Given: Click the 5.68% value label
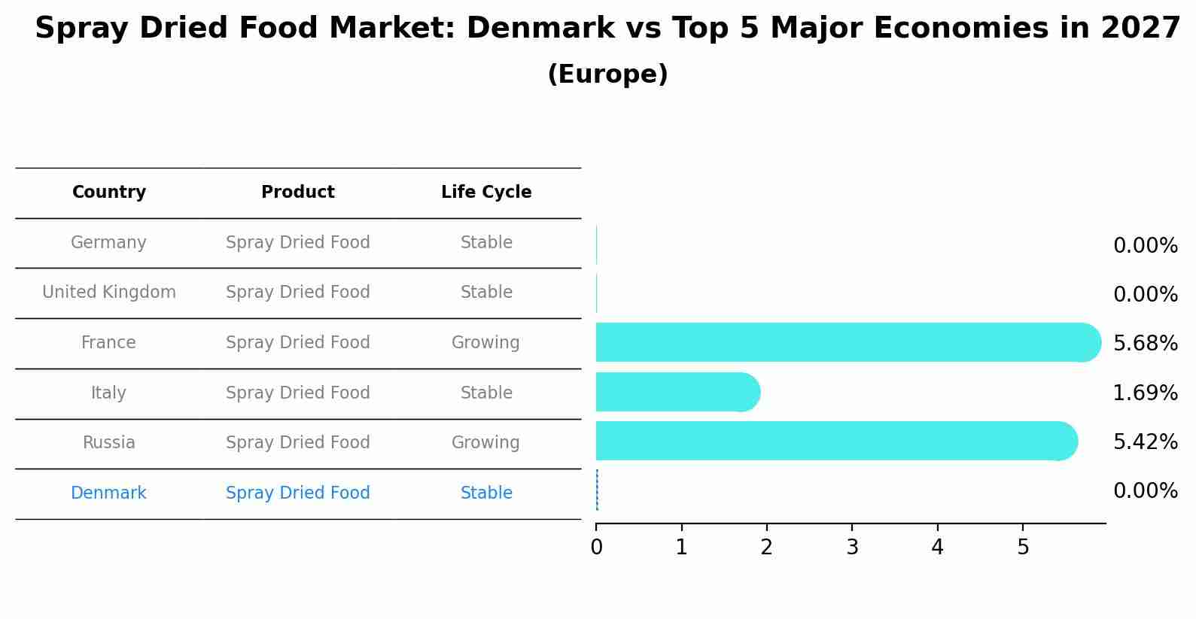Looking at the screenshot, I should pos(1145,344).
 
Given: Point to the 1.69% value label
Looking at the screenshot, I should pos(1145,393).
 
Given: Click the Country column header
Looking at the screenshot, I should pos(109,193).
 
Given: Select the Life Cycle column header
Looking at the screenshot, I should pos(486,193).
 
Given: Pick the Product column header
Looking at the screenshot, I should pos(298,193).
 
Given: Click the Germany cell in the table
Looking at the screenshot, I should pos(108,243).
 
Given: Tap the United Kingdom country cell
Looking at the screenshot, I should pos(109,293).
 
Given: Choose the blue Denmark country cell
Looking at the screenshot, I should pos(108,493).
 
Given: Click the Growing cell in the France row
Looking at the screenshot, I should pos(485,343).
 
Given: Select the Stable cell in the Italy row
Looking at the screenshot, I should pos(486,393).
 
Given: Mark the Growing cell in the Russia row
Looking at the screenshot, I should pos(485,443).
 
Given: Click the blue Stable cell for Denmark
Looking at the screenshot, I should pos(486,493).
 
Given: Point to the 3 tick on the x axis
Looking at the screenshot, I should pos(852,548).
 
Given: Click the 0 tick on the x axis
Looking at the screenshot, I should pos(596,548).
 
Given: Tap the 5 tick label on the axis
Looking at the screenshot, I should pos(1023,548).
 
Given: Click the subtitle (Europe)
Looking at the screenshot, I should pos(607,74).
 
